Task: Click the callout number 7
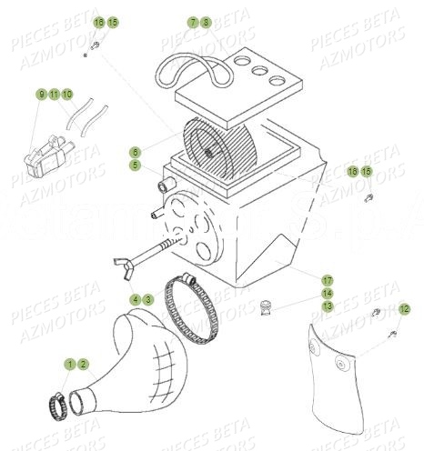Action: (x=193, y=21)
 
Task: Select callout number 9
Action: (x=41, y=94)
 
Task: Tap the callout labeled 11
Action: (x=54, y=94)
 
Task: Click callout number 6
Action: (x=135, y=152)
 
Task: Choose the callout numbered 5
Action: (x=135, y=165)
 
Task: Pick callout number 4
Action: (x=135, y=298)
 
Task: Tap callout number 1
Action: (x=70, y=364)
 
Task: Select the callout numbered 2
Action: (x=83, y=364)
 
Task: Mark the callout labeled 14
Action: (x=327, y=294)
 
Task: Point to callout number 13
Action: (x=327, y=307)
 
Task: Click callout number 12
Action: (x=405, y=309)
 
